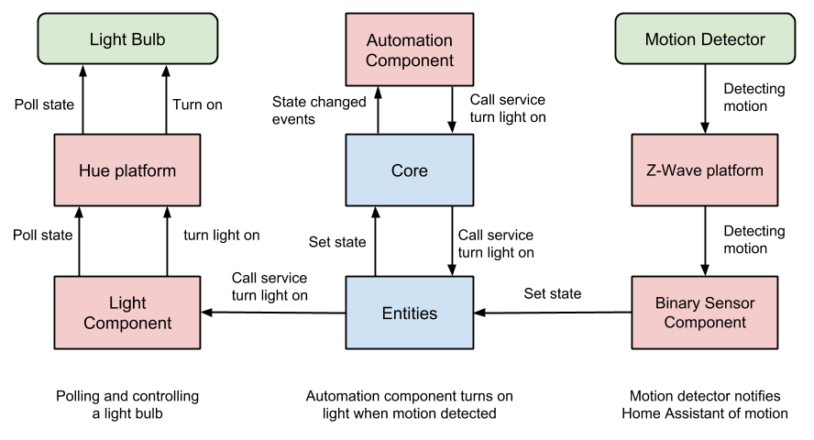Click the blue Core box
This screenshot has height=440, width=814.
coord(409,170)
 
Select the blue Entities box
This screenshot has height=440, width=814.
coord(409,313)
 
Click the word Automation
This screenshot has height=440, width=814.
coord(409,40)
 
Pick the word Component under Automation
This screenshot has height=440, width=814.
coord(409,61)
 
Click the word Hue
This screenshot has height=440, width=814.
coord(93,170)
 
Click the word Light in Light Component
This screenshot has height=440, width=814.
coord(126,302)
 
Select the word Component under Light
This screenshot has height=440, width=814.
coord(126,323)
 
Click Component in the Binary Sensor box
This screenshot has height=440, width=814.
coord(704,323)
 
